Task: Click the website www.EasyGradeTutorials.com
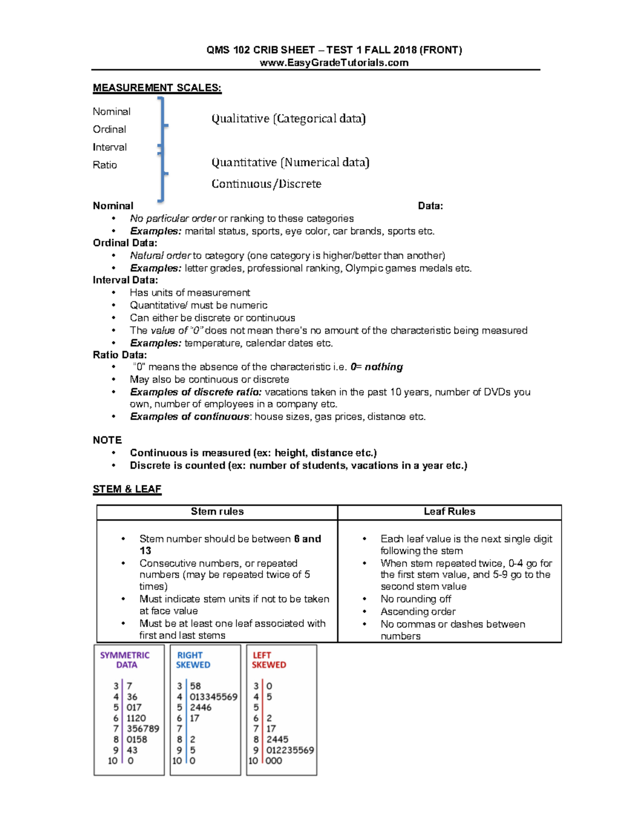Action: (x=334, y=63)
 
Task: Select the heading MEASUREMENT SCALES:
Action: (x=157, y=88)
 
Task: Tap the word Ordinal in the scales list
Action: (x=109, y=129)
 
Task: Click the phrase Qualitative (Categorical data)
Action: (x=288, y=119)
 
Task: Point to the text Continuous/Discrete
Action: (x=266, y=184)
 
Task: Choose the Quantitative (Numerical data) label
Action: (x=290, y=162)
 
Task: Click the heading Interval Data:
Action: (x=125, y=280)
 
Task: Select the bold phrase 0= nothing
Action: (x=376, y=367)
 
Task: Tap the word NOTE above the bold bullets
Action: (x=107, y=440)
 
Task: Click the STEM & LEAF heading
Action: (x=127, y=489)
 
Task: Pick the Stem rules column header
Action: (x=217, y=511)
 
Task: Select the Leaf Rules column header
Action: (x=449, y=511)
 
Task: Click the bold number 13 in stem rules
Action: (x=145, y=551)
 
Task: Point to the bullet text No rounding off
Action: (x=415, y=599)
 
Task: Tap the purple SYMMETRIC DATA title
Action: (x=125, y=660)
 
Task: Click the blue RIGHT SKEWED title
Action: (x=192, y=660)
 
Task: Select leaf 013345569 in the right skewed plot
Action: (x=213, y=697)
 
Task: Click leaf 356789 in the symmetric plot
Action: (x=143, y=729)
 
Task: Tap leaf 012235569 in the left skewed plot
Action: (x=290, y=750)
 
